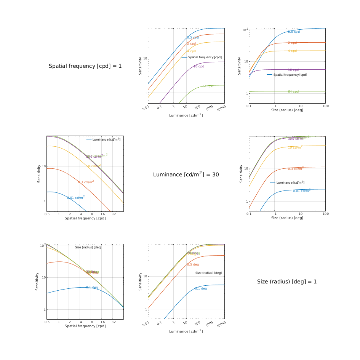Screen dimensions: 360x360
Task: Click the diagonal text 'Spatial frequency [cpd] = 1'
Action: tap(85, 66)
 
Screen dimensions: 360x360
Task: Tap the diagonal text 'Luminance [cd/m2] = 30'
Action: tap(186, 174)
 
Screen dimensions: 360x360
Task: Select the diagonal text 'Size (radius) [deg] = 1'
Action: tap(287, 282)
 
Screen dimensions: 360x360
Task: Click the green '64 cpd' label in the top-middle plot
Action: tap(208, 86)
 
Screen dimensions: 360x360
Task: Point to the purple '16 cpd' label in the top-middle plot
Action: tap(199, 67)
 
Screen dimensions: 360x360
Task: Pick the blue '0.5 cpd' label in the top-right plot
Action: tap(294, 32)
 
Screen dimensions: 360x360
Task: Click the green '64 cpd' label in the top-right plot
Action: tap(293, 92)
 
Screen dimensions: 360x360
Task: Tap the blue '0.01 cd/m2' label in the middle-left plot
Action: tap(76, 197)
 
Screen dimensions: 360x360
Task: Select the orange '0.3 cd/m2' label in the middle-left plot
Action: tap(86, 182)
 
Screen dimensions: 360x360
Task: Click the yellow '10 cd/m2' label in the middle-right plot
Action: tap(295, 147)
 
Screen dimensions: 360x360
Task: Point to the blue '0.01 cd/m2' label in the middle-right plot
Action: tap(301, 190)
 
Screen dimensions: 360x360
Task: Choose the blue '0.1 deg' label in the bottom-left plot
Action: tap(92, 288)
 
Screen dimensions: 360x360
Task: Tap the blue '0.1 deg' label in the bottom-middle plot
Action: tap(201, 289)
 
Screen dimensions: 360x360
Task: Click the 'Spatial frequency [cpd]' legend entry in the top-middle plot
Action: tap(205, 58)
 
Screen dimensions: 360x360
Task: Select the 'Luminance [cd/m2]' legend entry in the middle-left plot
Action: tap(106, 139)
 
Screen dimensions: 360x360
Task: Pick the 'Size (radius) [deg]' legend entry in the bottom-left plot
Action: tap(88, 248)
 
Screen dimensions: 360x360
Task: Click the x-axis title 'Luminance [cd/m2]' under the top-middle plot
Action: tap(186, 115)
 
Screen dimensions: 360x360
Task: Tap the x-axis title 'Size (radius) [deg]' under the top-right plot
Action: tap(287, 110)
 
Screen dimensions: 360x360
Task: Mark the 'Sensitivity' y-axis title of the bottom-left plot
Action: tap(37, 282)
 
